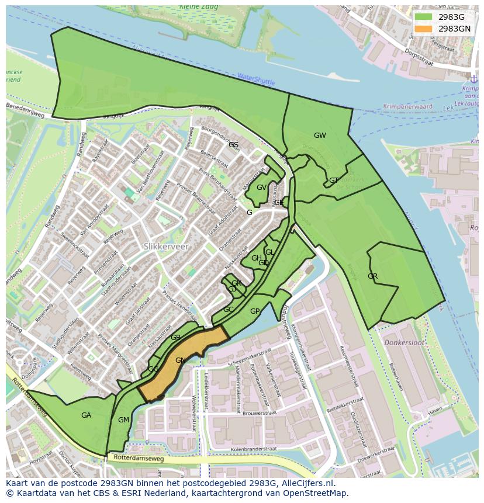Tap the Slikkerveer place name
[x=166, y=247]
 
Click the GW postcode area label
[x=320, y=136]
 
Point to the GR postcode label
[x=372, y=276]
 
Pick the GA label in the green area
[x=86, y=415]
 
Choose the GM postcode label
[x=123, y=420]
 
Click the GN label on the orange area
[x=181, y=360]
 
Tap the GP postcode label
[x=255, y=311]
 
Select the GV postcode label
[x=261, y=188]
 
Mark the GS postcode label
[x=233, y=145]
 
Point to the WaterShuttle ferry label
[x=256, y=79]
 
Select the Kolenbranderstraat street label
[x=253, y=449]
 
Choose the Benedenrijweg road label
[x=25, y=107]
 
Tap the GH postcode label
[x=256, y=258]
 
